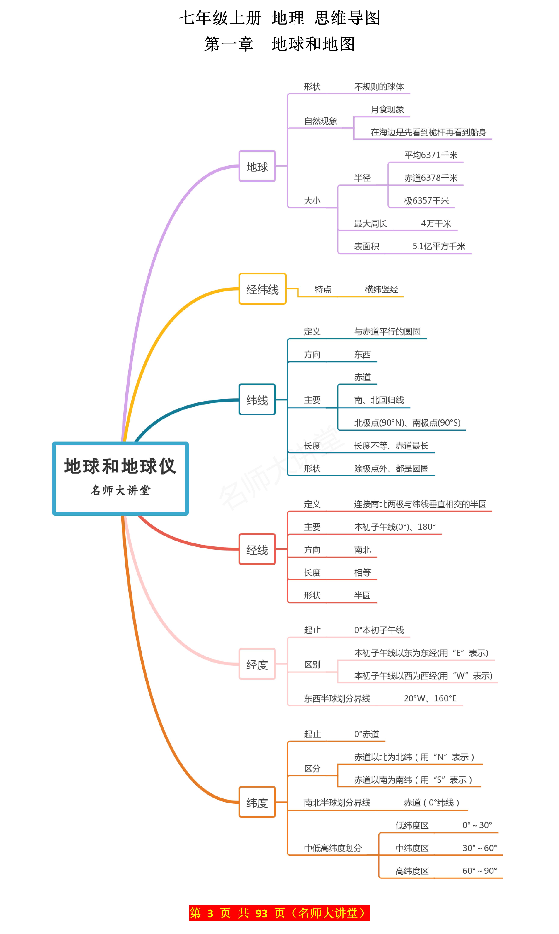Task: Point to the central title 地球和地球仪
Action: pyautogui.click(x=120, y=466)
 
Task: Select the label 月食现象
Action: pyautogui.click(x=387, y=110)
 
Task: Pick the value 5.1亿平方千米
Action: pyautogui.click(x=439, y=246)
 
